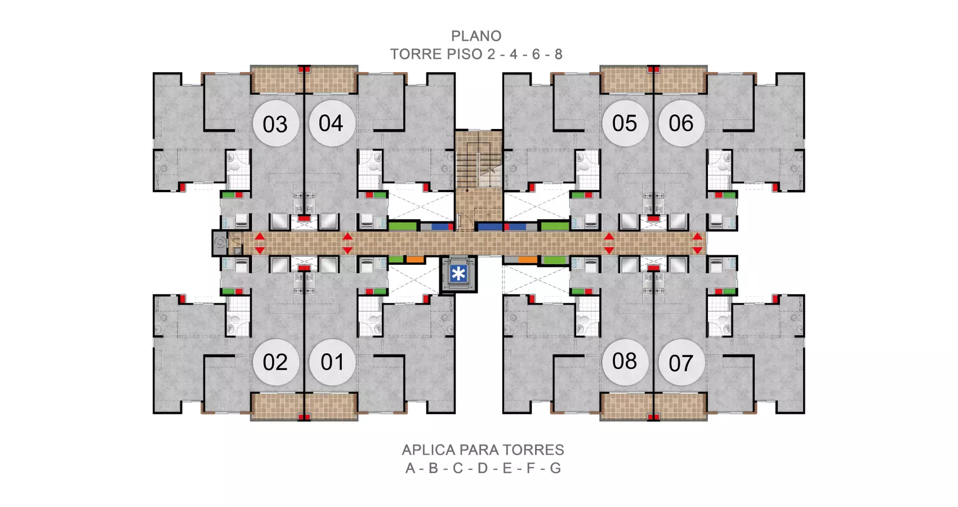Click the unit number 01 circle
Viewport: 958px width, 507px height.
(332, 362)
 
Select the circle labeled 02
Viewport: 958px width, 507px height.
(275, 362)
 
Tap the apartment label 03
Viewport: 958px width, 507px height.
(275, 123)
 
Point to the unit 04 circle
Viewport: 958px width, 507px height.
(332, 123)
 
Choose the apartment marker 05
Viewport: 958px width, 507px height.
(625, 123)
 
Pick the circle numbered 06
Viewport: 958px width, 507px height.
(681, 123)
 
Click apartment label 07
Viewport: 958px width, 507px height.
(681, 362)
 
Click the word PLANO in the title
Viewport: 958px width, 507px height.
(476, 36)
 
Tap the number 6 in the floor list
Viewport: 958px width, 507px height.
(536, 54)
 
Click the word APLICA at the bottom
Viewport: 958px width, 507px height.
(429, 450)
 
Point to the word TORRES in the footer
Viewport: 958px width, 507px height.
(533, 450)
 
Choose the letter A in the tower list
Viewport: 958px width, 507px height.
(410, 468)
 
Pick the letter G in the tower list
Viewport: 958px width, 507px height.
(555, 468)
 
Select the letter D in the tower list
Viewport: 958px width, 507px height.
(483, 468)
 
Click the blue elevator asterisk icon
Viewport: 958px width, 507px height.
(458, 273)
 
